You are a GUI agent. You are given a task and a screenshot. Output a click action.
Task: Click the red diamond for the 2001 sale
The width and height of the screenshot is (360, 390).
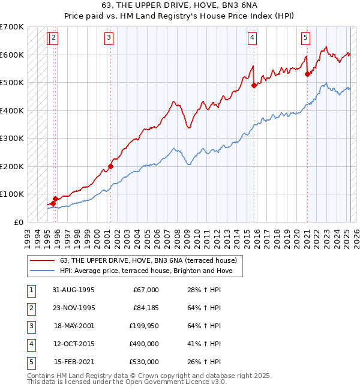(x=110, y=166)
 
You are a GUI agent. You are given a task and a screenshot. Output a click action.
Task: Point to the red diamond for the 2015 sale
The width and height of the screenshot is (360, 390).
(x=254, y=85)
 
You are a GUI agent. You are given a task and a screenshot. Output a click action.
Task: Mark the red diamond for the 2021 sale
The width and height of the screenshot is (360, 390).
(x=307, y=74)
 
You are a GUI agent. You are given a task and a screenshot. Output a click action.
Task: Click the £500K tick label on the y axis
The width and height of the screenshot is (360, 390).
(x=11, y=82)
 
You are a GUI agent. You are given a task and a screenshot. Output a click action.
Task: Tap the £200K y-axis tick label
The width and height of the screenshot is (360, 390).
(x=11, y=166)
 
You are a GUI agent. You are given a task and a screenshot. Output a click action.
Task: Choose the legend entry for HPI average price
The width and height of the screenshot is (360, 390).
(x=151, y=271)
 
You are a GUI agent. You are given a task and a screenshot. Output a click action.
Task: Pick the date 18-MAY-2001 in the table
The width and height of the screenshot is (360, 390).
(x=74, y=326)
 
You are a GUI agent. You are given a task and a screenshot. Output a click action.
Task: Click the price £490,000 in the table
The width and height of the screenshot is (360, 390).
(x=144, y=344)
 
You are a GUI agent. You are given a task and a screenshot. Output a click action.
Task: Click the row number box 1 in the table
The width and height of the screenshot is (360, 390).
(x=31, y=290)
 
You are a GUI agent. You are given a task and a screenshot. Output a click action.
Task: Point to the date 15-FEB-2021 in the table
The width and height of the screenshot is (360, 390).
(x=74, y=362)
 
